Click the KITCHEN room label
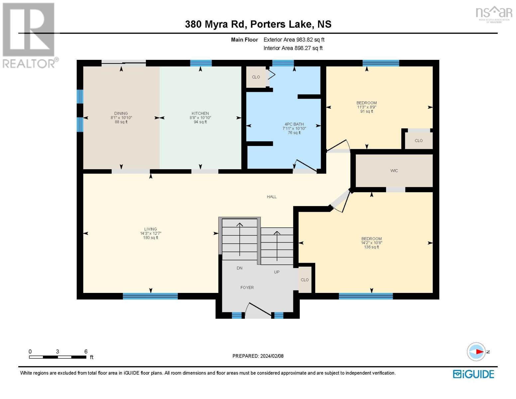[200, 113]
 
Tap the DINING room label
[121, 113]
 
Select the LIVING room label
[151, 229]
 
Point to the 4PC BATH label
[294, 124]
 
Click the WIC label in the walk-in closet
[394, 171]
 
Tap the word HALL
[272, 197]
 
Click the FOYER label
[247, 288]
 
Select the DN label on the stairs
[239, 268]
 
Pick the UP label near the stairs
[277, 272]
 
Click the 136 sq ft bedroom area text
[371, 247]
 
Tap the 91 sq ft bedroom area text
[366, 111]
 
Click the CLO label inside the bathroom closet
[256, 77]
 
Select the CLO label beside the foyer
[304, 280]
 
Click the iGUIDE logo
[473, 374]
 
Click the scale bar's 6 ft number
[86, 351]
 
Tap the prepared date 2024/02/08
[272, 356]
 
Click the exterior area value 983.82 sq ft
[310, 40]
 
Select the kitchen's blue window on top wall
[201, 63]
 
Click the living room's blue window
[150, 296]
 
